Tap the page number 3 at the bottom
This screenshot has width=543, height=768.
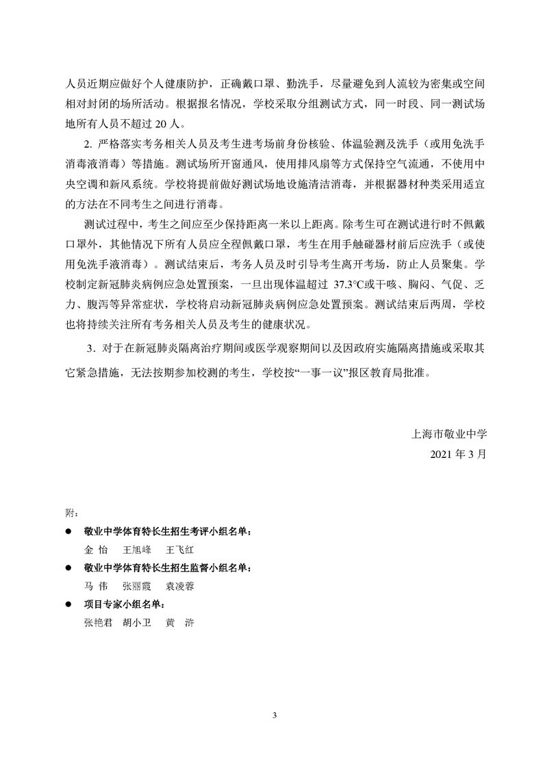coord(274,716)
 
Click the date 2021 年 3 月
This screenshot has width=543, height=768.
coord(458,453)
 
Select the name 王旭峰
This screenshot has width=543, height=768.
coord(137,550)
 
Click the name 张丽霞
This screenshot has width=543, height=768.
coord(137,587)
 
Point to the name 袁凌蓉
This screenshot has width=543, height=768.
coord(181,587)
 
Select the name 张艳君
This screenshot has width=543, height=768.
coord(98,624)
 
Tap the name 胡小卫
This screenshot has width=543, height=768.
coord(137,624)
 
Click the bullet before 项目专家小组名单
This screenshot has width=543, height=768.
coord(68,605)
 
